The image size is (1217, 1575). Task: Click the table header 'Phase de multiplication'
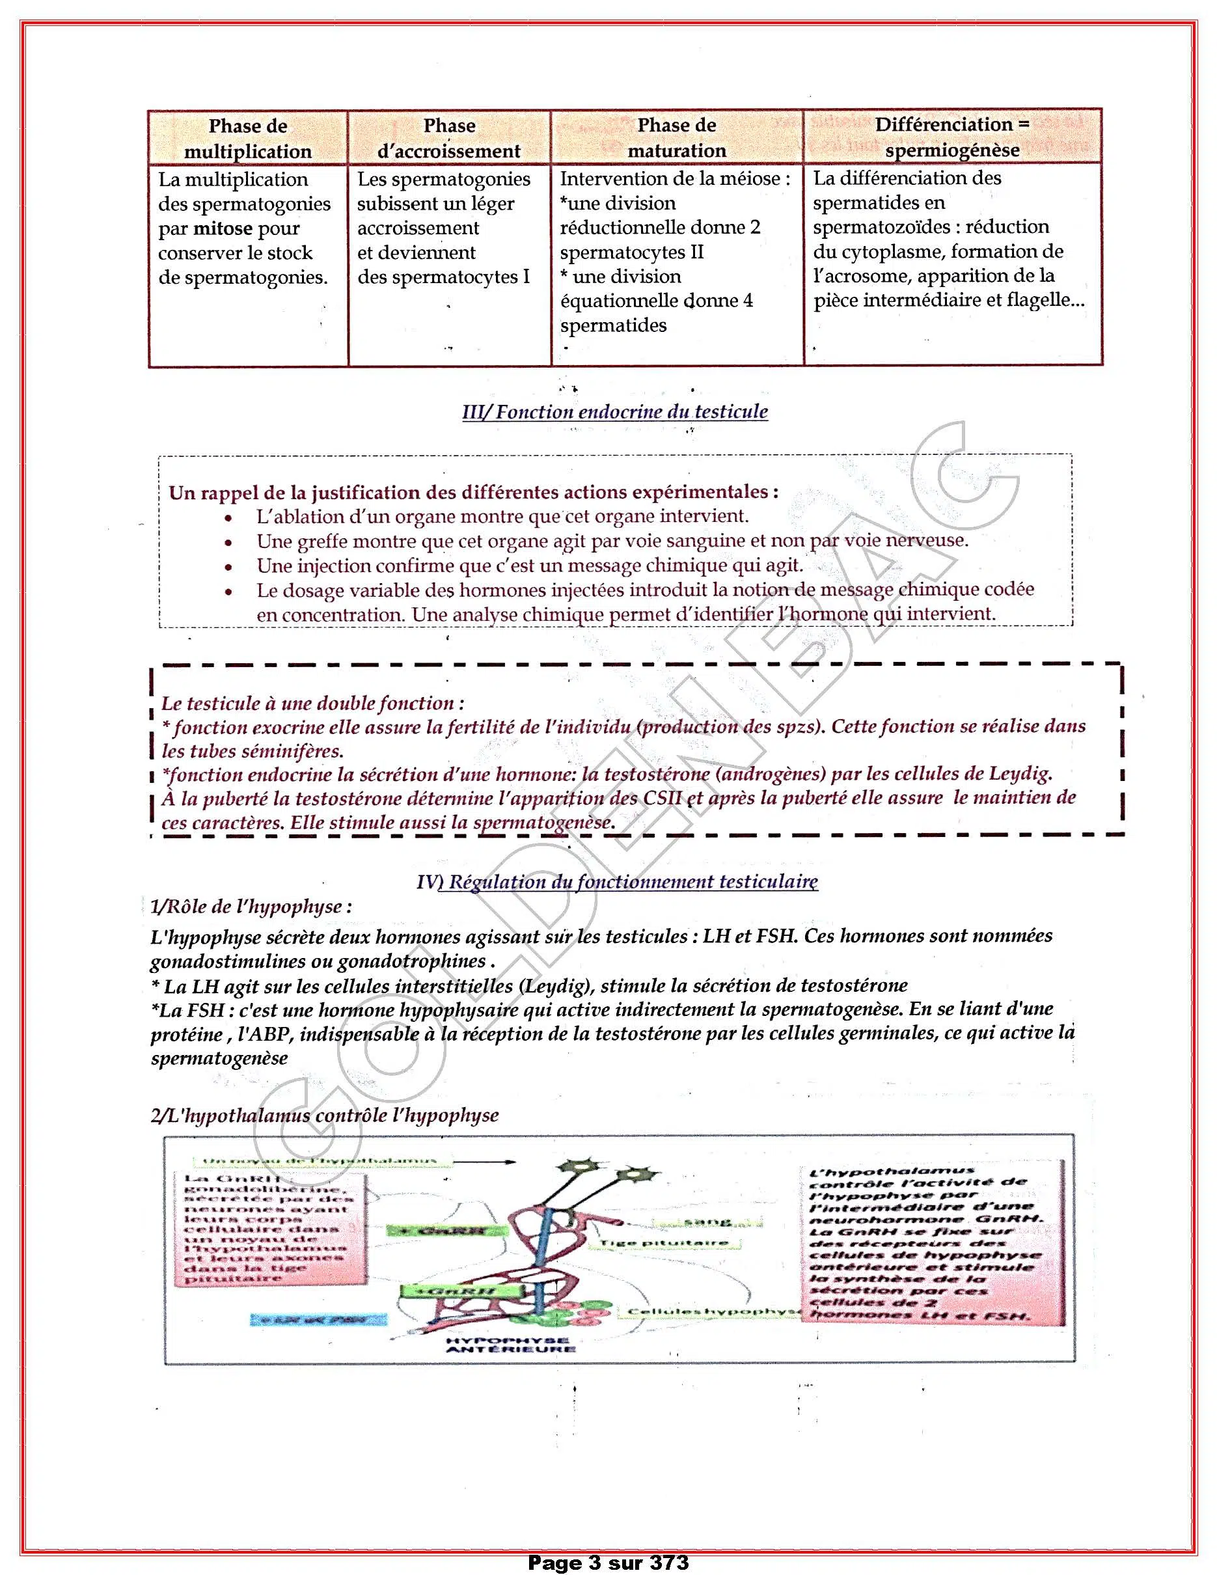pos(247,139)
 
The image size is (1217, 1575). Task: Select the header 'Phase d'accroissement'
pos(448,139)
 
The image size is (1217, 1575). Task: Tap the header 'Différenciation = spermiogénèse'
pos(951,137)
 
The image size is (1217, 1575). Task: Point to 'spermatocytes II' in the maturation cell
pos(631,253)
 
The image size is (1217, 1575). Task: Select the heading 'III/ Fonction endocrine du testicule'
pos(614,412)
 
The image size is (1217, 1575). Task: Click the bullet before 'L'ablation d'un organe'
pos(228,518)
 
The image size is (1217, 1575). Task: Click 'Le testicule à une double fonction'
pos(312,703)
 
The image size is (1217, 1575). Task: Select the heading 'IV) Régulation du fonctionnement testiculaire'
pos(617,881)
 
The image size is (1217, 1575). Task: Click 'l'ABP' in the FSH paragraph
pos(273,1034)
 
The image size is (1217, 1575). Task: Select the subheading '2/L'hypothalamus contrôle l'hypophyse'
pos(325,1115)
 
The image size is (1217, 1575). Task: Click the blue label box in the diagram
pos(319,1319)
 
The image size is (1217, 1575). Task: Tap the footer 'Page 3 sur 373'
pos(608,1563)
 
